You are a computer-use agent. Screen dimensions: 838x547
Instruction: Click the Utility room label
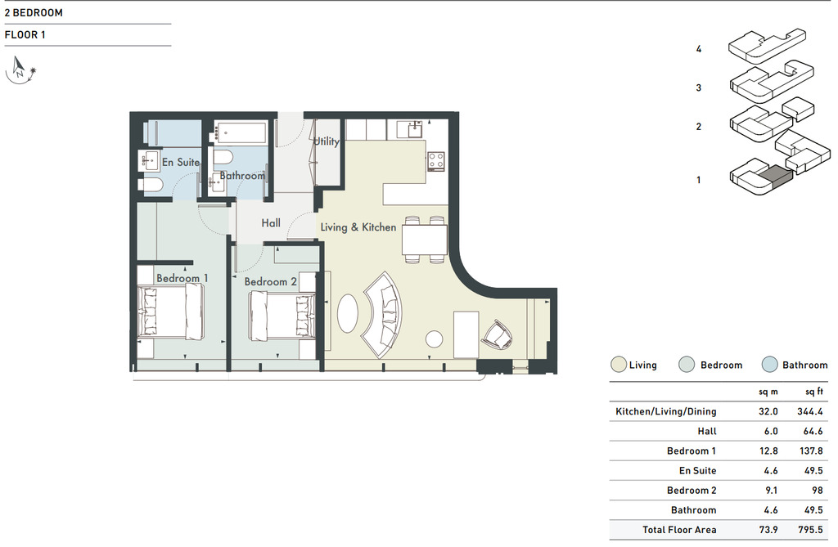click(326, 141)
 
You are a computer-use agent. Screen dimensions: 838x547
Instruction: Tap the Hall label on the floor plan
click(271, 222)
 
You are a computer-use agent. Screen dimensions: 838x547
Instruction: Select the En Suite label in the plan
click(181, 162)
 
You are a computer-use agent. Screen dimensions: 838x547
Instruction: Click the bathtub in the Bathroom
click(241, 132)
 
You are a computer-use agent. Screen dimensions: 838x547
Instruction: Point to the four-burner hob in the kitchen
click(436, 160)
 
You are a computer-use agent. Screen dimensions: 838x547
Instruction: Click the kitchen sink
click(415, 130)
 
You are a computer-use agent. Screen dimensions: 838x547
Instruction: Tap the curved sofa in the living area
click(383, 315)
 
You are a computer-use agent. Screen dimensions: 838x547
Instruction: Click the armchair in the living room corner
click(498, 335)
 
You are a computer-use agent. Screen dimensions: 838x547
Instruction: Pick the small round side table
click(434, 339)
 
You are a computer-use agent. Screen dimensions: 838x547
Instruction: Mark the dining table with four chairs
click(425, 240)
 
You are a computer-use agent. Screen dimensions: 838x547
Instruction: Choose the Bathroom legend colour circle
click(769, 365)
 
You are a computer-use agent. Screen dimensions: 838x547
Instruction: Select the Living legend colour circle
click(619, 365)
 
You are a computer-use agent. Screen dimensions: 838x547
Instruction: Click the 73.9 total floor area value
click(768, 530)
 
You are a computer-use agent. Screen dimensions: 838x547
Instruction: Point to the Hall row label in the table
click(706, 431)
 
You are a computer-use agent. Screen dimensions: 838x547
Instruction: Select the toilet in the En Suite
click(151, 185)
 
